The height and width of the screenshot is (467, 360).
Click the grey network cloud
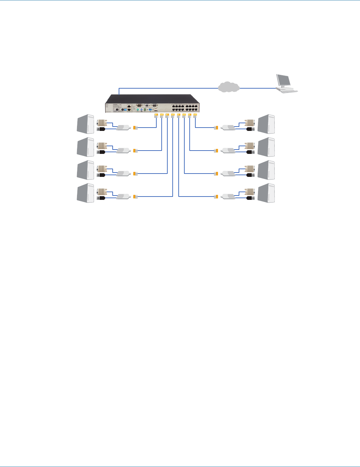(x=229, y=87)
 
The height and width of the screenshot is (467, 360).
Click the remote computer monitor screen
(x=283, y=80)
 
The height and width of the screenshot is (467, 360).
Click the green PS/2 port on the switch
(x=145, y=109)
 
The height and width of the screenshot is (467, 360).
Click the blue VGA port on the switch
(x=150, y=109)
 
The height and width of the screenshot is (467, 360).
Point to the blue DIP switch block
(x=129, y=109)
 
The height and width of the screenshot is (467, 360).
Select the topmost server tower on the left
(x=85, y=124)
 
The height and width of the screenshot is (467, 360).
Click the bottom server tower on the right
(x=266, y=193)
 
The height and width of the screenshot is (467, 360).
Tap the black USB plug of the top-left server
(x=101, y=129)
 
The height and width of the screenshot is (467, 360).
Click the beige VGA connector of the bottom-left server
(x=101, y=192)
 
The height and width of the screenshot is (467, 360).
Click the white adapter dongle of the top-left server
(x=123, y=127)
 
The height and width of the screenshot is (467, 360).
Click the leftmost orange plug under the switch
(x=156, y=116)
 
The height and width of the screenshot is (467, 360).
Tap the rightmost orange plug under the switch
(x=195, y=116)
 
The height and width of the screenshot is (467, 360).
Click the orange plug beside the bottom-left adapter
(x=135, y=197)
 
